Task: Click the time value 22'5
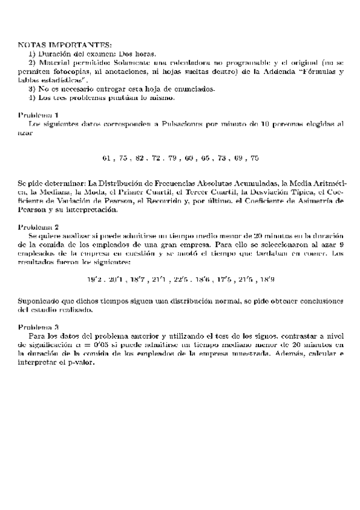pyautogui.click(x=182, y=280)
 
